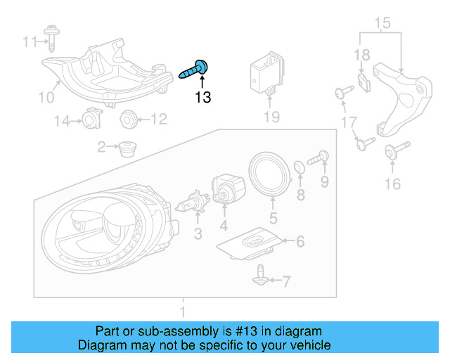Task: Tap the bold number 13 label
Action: (202, 98)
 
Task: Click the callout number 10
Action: (46, 97)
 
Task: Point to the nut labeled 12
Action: (127, 119)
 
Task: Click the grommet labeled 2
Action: (127, 148)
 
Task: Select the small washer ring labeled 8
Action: (299, 167)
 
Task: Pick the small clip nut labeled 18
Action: (363, 84)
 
